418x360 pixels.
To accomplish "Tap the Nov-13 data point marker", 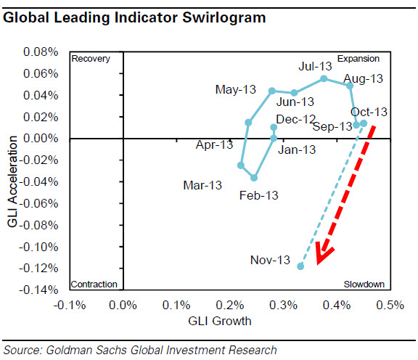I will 300,266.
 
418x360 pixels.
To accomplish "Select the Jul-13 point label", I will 315,66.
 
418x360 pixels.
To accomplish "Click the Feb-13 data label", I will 259,195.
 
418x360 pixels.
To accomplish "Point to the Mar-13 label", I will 202,186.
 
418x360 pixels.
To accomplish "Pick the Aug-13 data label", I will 363,78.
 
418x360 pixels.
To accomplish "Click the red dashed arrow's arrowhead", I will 324,255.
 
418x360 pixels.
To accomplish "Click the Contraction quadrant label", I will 94,284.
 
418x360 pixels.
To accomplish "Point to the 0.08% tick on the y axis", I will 42,53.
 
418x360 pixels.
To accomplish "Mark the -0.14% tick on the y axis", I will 41,290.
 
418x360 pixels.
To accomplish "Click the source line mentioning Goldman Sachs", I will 139,350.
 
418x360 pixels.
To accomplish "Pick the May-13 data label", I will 236,89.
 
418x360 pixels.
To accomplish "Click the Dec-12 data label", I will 296,119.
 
